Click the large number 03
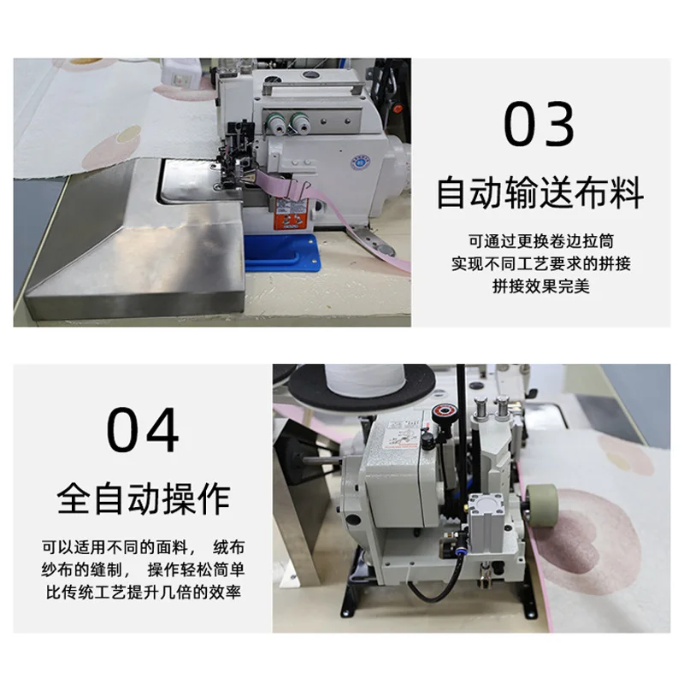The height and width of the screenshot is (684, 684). (x=539, y=123)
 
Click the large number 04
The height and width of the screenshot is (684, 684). (x=143, y=430)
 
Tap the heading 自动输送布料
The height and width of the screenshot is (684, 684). (x=540, y=192)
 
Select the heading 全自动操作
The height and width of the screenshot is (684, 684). (x=144, y=499)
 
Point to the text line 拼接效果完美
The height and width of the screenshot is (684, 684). (x=541, y=286)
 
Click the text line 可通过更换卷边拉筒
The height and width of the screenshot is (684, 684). (x=541, y=241)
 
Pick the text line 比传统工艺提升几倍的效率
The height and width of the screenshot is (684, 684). (x=144, y=592)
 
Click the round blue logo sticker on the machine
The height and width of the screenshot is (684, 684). (x=359, y=162)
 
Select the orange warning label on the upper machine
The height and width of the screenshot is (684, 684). (x=290, y=213)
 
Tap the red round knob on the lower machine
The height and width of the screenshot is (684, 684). (x=444, y=412)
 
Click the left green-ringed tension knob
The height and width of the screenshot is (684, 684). (x=275, y=122)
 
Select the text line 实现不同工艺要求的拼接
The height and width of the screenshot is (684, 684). (x=541, y=263)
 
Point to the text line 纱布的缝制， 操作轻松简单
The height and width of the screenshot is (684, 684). (x=144, y=569)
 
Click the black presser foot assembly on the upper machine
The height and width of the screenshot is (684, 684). (x=238, y=157)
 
